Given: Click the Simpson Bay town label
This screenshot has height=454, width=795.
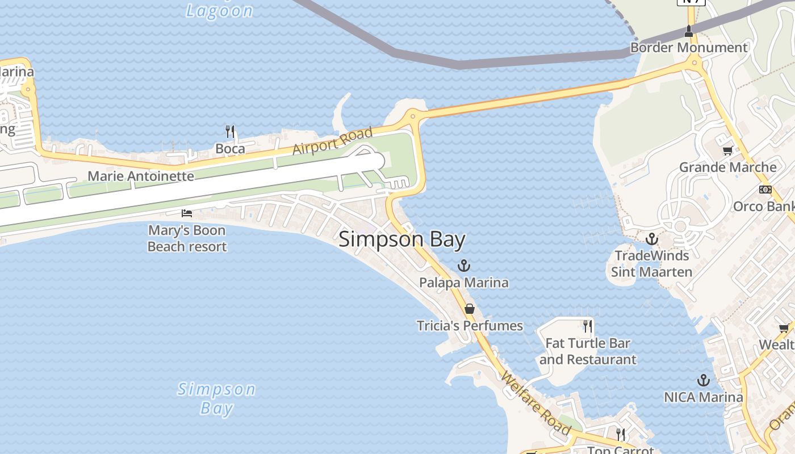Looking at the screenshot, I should (x=402, y=239).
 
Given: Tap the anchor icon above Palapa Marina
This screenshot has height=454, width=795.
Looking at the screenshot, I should (x=465, y=266).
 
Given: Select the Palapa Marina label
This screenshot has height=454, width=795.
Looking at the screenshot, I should (x=464, y=282).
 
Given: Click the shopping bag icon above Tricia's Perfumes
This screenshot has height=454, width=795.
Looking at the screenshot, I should (x=470, y=309).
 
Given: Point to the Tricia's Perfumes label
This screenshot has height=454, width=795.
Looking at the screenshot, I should (x=470, y=326).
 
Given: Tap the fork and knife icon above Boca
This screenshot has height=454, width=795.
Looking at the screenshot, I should (x=230, y=132).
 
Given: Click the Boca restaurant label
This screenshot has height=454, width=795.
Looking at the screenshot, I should (x=230, y=149).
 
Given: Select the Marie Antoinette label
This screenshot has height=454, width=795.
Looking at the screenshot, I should (x=141, y=176).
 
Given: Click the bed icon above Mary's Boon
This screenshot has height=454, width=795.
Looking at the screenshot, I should (x=186, y=213).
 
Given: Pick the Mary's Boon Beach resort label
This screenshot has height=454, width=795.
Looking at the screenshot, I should (x=187, y=238).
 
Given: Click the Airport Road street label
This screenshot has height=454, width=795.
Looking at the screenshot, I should (x=333, y=141).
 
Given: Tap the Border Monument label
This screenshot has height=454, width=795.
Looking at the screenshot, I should (x=689, y=48).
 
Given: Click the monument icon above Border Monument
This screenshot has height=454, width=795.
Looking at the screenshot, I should (x=689, y=30).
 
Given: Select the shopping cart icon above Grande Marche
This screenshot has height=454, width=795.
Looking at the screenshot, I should (x=727, y=150).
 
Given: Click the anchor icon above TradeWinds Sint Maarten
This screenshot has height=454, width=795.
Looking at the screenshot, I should (x=652, y=239).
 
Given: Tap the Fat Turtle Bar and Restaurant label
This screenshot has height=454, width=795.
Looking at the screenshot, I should (x=588, y=351).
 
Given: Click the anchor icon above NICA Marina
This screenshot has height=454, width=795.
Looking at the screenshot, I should (x=704, y=380).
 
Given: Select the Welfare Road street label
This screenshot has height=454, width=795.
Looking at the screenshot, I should (x=535, y=403).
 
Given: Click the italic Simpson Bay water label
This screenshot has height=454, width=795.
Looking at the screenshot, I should (x=216, y=398).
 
